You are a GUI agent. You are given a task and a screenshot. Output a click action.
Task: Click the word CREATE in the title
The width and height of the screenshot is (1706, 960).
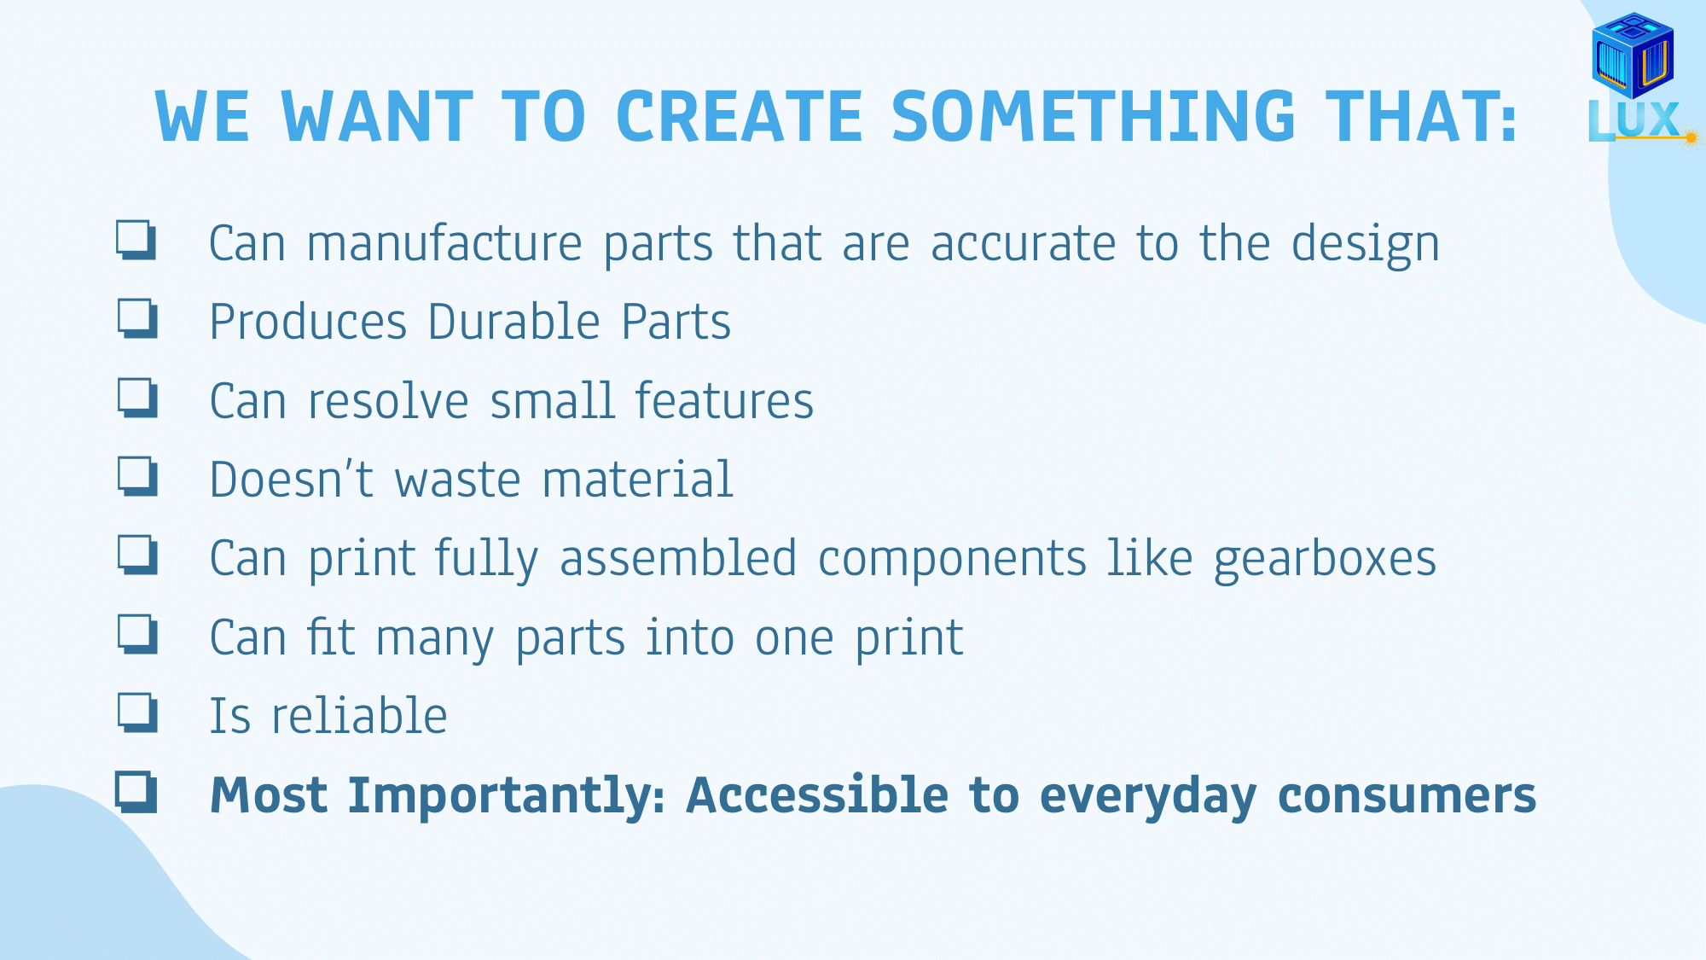pos(740,116)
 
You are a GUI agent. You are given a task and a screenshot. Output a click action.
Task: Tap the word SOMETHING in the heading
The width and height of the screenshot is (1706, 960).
pos(1094,116)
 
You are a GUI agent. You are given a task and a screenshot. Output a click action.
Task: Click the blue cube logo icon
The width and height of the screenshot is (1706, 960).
pos(1633,55)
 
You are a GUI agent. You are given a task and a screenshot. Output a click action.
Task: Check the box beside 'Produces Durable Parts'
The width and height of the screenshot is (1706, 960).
pos(137,318)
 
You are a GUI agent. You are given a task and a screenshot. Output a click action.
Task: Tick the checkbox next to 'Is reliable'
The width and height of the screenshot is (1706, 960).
pos(137,713)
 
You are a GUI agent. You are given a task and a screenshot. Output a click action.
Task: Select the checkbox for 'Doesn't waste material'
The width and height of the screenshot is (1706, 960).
pos(137,476)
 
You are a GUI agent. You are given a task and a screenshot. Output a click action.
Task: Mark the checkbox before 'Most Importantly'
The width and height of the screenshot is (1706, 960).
pos(136,792)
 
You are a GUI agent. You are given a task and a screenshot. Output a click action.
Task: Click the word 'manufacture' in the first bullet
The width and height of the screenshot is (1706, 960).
pos(444,243)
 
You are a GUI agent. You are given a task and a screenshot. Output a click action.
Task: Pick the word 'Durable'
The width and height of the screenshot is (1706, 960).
pos(514,322)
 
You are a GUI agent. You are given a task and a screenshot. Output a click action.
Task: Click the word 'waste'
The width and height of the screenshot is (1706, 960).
pos(457,480)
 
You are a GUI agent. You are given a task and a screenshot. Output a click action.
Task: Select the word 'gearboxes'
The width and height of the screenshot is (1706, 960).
pos(1325,561)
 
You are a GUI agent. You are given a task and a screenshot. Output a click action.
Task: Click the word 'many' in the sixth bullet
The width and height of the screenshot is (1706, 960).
pos(435,640)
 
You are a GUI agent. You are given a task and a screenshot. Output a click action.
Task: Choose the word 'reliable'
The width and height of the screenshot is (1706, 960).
pos(359,716)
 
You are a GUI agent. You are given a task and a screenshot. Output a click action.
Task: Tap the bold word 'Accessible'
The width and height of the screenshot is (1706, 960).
pos(817,794)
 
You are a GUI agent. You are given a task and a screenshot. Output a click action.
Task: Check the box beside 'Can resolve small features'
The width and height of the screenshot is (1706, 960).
pos(137,398)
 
